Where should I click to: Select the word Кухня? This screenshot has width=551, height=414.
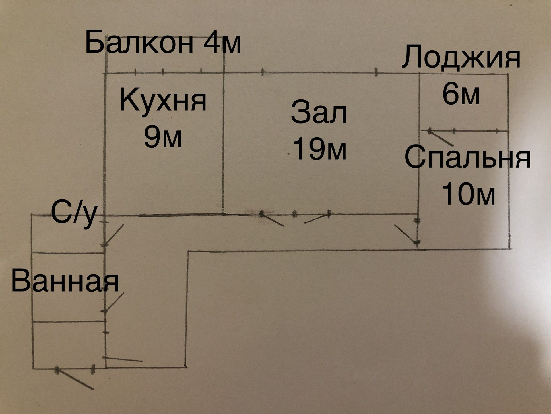[x=163, y=100]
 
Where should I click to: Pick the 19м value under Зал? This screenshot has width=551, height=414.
[x=319, y=149]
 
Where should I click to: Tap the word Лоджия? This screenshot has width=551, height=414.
[x=461, y=57]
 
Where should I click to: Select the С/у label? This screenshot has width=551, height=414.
[x=74, y=213]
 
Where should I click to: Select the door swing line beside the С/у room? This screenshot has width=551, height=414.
[x=114, y=234]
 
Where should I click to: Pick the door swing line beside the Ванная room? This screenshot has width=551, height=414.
[x=114, y=302]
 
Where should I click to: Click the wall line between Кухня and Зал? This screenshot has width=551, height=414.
[x=223, y=144]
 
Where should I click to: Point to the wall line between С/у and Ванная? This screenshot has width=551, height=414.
[x=68, y=253]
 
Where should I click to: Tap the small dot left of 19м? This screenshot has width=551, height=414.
[x=289, y=155]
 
